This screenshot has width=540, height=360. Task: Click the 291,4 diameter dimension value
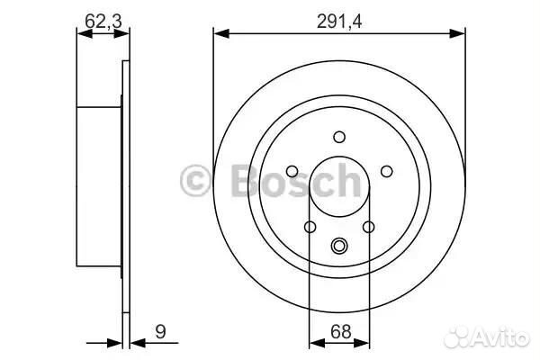(339, 22)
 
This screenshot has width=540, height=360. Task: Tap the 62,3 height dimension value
(103, 22)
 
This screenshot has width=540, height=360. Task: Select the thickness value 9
(161, 332)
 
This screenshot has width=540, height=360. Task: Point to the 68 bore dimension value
(341, 332)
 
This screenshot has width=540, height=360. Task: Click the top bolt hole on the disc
(339, 137)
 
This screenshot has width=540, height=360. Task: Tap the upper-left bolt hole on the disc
(292, 171)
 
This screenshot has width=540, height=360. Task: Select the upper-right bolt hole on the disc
(386, 171)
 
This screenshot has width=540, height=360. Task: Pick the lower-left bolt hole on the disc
(310, 227)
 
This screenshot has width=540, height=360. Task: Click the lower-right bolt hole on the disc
(368, 227)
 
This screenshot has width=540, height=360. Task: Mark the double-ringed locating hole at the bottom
(339, 246)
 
